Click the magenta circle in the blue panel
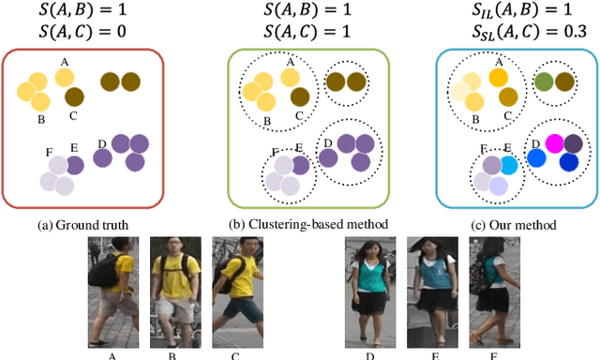tap(554, 143)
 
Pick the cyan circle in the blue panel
tap(508, 165)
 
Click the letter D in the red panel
tap(101, 143)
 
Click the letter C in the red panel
tap(72, 116)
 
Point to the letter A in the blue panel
tap(500, 62)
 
